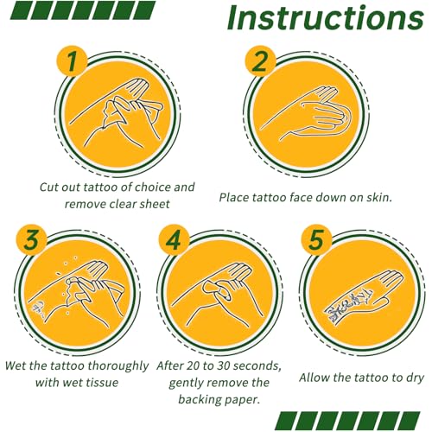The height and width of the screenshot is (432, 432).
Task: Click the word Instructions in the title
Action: pyautogui.click(x=326, y=17)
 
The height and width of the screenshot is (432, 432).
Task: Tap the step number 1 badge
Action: pyautogui.click(x=72, y=60)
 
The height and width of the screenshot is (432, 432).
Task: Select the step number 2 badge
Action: pyautogui.click(x=260, y=61)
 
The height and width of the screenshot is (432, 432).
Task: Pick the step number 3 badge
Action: pyautogui.click(x=31, y=240)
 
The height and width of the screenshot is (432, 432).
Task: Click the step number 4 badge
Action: pyautogui.click(x=174, y=240)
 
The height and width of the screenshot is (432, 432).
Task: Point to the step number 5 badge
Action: pyautogui.click(x=316, y=240)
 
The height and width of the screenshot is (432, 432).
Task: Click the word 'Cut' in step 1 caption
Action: pyautogui.click(x=46, y=187)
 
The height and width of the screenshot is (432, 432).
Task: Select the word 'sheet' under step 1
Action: pyautogui.click(x=156, y=204)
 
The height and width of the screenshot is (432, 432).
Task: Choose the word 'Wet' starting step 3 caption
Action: pyautogui.click(x=16, y=365)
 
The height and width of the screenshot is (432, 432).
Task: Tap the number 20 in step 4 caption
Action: pyautogui.click(x=193, y=365)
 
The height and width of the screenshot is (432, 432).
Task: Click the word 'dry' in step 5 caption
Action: pyautogui.click(x=415, y=378)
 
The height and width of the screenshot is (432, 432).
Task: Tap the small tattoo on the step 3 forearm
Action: pyautogui.click(x=37, y=309)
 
